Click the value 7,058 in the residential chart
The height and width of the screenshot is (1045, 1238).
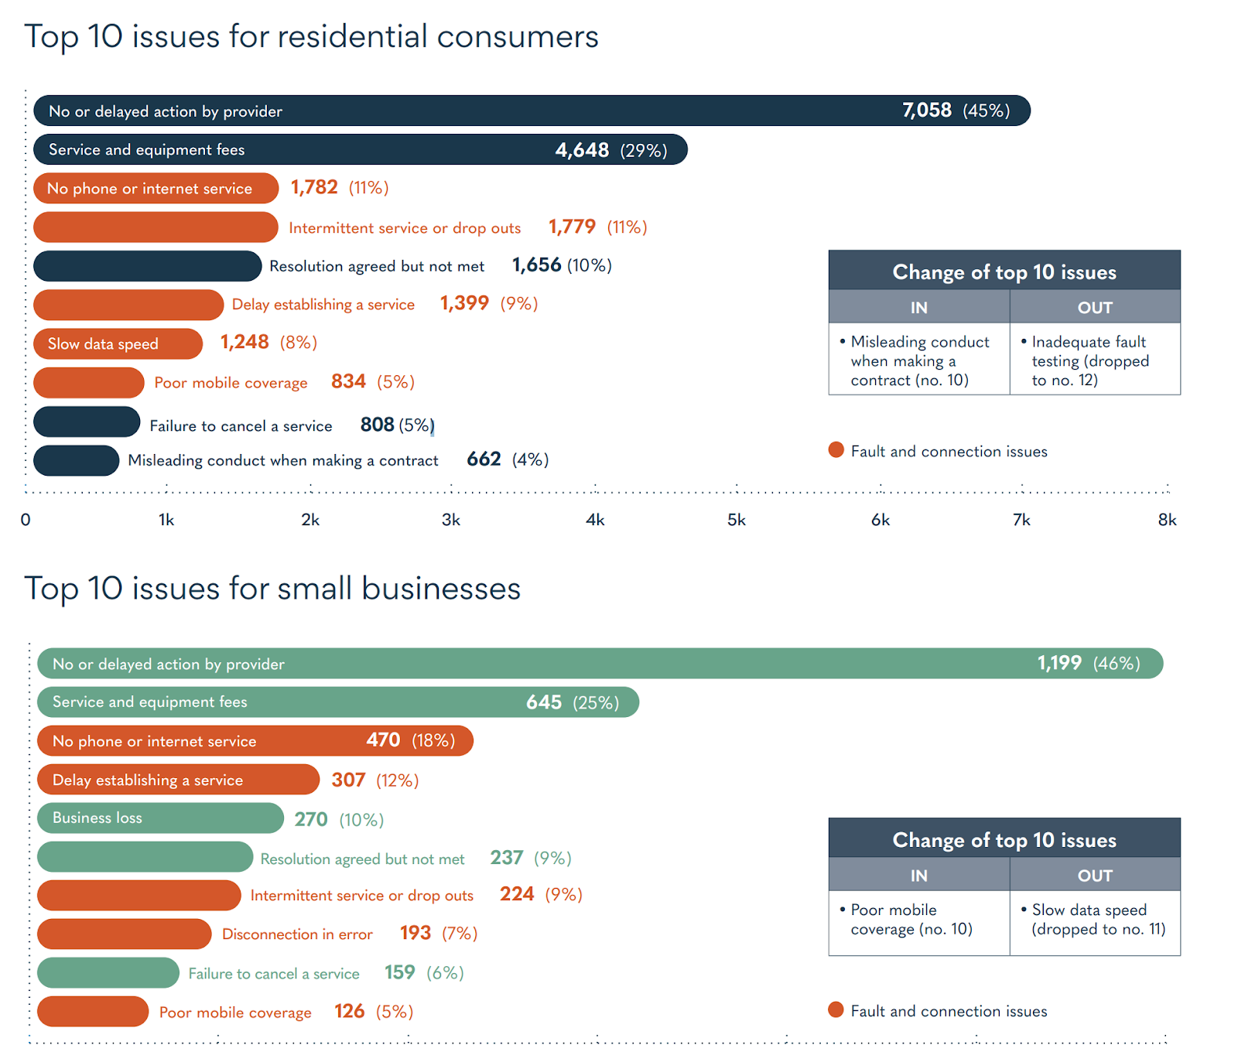926,111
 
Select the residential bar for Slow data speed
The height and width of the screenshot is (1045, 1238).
118,343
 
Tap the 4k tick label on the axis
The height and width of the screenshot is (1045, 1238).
595,520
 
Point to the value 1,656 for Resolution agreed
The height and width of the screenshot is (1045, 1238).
536,265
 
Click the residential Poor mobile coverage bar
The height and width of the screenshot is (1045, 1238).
88,382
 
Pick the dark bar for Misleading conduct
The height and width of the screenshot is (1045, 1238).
76,460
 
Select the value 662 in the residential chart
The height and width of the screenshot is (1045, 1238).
484,459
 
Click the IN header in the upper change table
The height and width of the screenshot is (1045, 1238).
918,307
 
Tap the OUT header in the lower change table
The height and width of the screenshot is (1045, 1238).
1095,875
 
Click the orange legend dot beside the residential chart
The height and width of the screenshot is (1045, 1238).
836,450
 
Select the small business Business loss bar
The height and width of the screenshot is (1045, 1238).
160,818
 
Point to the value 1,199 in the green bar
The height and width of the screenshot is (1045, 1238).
1058,663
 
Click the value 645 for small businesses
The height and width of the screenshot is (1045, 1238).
544,702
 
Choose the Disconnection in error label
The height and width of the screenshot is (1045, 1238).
297,934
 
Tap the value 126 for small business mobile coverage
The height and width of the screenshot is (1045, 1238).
349,1011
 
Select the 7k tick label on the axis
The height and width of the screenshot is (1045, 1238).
1021,520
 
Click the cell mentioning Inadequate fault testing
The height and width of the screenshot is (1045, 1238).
1094,360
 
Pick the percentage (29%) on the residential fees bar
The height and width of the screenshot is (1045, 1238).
643,150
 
